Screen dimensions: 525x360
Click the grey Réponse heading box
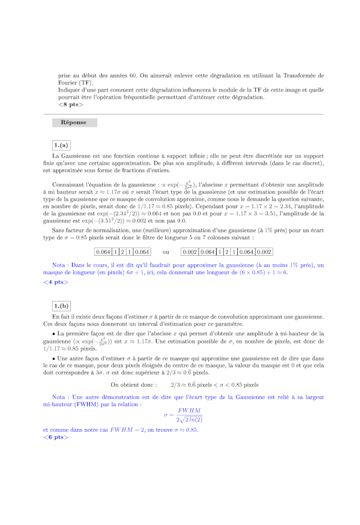tap(74, 123)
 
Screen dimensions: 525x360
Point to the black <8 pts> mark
tap(71, 104)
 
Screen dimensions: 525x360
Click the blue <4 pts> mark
tap(56, 282)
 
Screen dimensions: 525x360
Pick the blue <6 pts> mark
tap(56, 437)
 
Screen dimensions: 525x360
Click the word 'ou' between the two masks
tap(166, 252)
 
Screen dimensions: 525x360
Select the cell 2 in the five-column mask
tap(122, 252)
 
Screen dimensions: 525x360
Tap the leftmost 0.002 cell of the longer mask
tap(190, 252)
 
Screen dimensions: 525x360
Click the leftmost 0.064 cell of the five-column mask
tap(103, 252)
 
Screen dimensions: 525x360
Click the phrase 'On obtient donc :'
tap(134, 384)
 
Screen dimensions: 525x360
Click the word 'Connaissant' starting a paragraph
tap(69, 185)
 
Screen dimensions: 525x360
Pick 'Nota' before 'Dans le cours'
tap(60, 265)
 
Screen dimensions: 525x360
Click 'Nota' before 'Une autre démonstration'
tap(60, 397)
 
